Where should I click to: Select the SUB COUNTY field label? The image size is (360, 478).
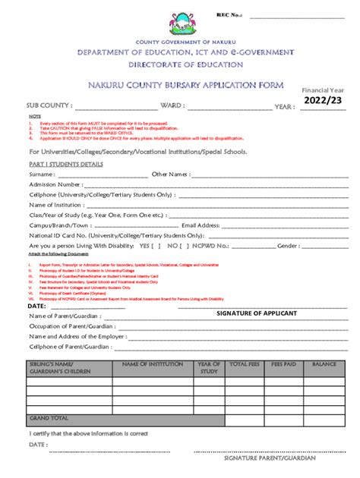[x=49, y=105]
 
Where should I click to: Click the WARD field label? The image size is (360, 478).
[x=171, y=105]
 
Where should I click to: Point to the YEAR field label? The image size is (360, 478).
[x=285, y=106]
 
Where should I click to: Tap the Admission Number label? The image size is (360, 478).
[x=55, y=184]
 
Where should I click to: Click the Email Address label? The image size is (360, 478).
[x=201, y=225]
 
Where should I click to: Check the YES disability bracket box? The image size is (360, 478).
[x=155, y=246]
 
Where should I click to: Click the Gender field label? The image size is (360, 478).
[x=288, y=246]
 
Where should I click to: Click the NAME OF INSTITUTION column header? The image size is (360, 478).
[x=153, y=364]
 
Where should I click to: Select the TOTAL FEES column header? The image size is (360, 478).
[x=244, y=364]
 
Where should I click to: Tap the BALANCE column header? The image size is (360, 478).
[x=324, y=364]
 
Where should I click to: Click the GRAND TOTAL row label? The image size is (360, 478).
[x=49, y=417]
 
